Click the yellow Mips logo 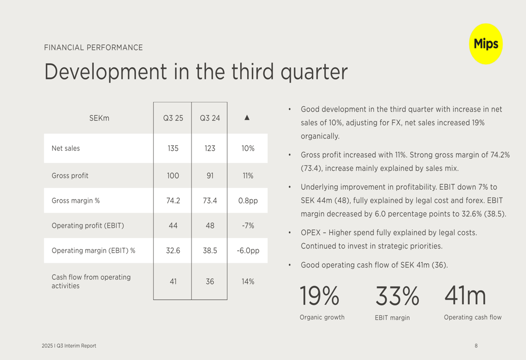tap(485, 44)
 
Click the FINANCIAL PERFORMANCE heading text tap(94, 48)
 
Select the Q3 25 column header tap(173, 118)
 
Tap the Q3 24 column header tap(210, 118)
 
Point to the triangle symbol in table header tap(247, 118)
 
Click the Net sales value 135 tap(173, 149)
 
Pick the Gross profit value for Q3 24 tap(210, 176)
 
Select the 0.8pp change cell tap(248, 201)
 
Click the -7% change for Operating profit tap(248, 226)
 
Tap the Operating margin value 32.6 tap(173, 251)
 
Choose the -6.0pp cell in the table tap(248, 251)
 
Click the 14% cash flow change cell tap(248, 282)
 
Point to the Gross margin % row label tap(76, 201)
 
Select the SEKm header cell tap(99, 118)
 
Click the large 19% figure tap(319, 296)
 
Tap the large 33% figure tap(397, 296)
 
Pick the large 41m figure tap(465, 296)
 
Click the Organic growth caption tap(322, 317)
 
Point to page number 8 tap(476, 346)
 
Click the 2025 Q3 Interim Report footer tap(69, 346)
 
